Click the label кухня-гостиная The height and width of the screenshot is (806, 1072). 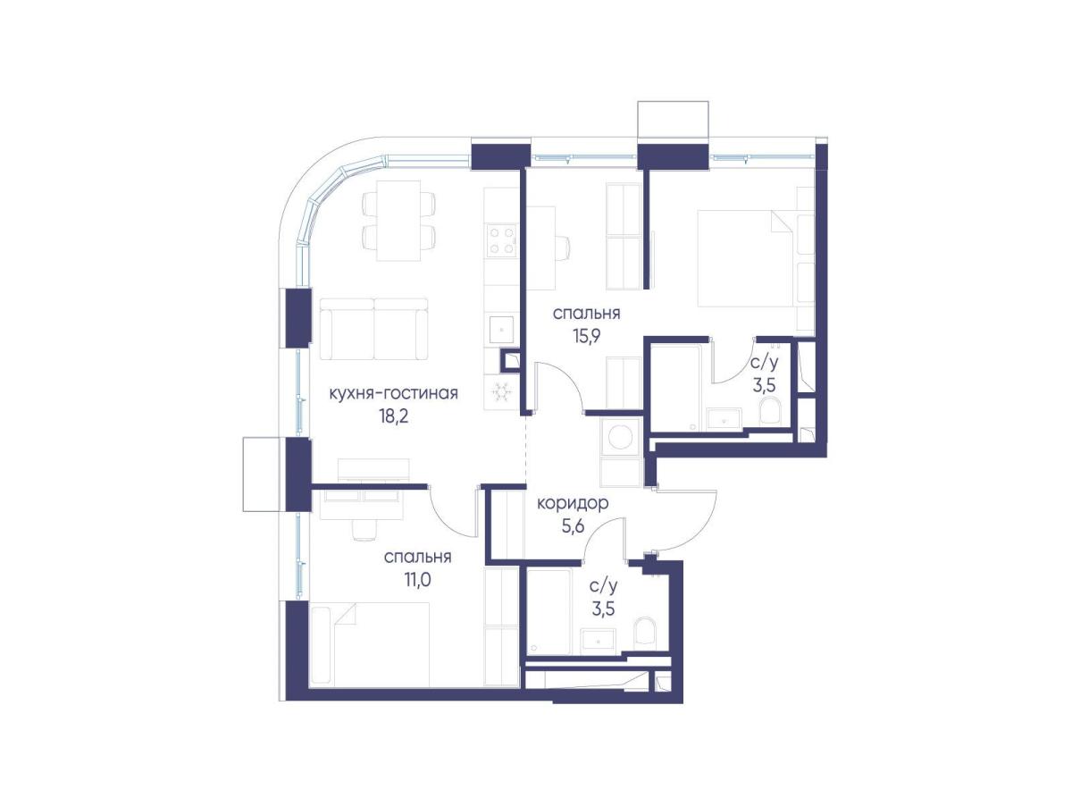tap(394, 394)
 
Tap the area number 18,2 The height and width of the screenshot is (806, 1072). tap(394, 416)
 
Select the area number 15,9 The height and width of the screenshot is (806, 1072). tap(587, 336)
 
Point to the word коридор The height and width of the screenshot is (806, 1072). tap(573, 504)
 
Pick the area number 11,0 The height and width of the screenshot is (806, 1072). tap(417, 580)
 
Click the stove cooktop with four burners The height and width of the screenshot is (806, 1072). tap(501, 239)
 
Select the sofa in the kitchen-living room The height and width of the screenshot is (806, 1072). tap(374, 329)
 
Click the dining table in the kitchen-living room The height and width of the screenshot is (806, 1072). tap(398, 221)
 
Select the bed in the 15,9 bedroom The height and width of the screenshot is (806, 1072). tap(747, 258)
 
